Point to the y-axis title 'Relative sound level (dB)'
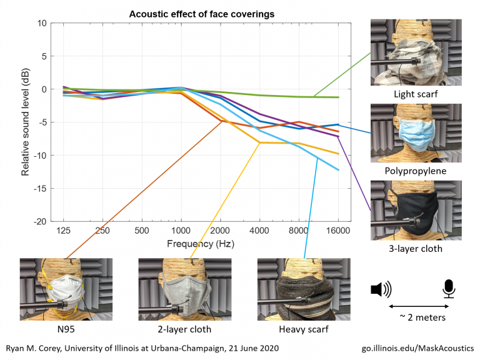[26, 122]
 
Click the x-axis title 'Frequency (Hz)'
[200, 244]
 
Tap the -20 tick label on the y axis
[39, 221]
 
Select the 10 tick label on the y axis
[41, 23]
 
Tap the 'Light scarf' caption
[416, 94]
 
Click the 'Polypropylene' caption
[416, 171]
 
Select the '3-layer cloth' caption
[416, 248]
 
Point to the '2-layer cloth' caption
[184, 329]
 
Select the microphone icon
[449, 288]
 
